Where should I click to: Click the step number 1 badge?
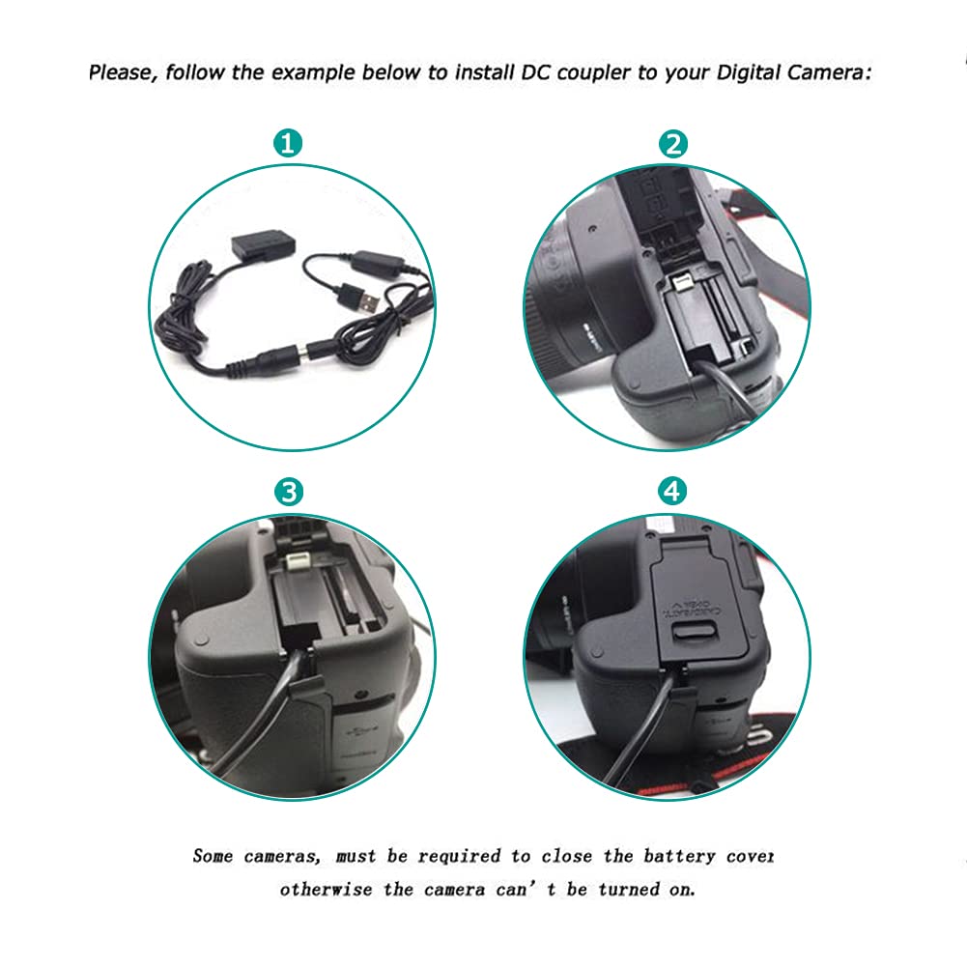(x=289, y=144)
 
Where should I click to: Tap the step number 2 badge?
(x=673, y=144)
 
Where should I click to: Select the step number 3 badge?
(x=289, y=492)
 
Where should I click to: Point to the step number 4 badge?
(x=673, y=492)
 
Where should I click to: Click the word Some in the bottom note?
(x=213, y=855)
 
